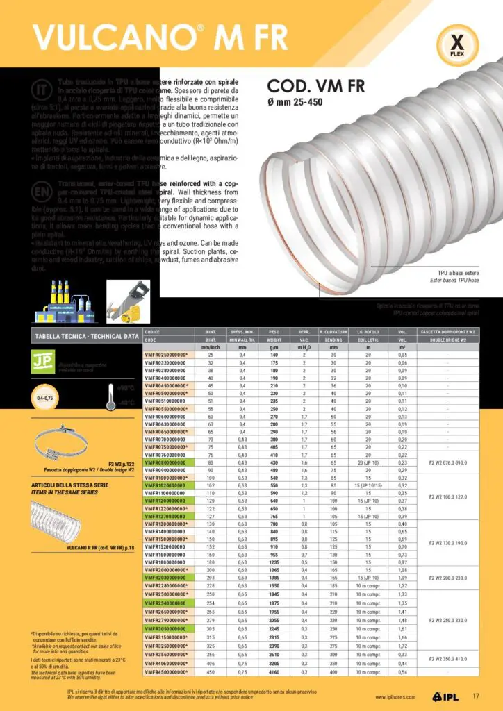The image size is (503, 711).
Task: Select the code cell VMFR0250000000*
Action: pyautogui.click(x=167, y=355)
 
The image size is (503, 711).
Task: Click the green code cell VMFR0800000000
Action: pyautogui.click(x=167, y=462)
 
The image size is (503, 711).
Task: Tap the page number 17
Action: pyautogui.click(x=476, y=696)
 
